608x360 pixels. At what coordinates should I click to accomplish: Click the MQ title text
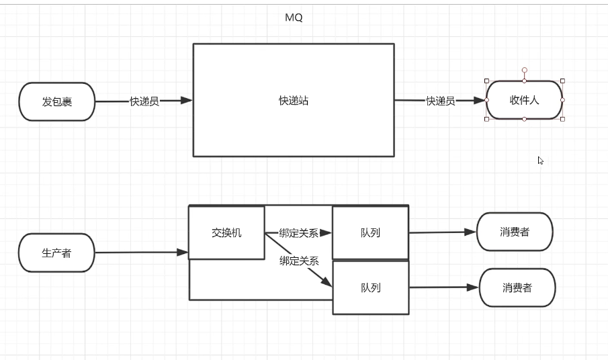[x=294, y=18]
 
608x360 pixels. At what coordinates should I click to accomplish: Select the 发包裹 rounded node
[x=57, y=102]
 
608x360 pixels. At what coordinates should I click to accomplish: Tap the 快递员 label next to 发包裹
[x=144, y=101]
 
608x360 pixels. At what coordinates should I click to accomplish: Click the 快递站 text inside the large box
[x=294, y=101]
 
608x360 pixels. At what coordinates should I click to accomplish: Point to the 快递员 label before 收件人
[x=441, y=101]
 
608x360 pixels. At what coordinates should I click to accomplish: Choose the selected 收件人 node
[x=525, y=100]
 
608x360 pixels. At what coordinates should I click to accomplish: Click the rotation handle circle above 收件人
[x=525, y=70]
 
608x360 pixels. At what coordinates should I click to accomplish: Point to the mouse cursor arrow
[x=540, y=161]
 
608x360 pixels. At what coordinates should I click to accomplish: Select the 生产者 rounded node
[x=57, y=253]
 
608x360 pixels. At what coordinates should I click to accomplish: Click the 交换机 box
[x=226, y=233]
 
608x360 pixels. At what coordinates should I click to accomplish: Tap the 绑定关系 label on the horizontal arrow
[x=299, y=233]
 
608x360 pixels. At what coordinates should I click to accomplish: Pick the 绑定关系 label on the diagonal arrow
[x=299, y=261]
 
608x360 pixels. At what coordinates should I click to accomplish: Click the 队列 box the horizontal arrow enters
[x=370, y=233]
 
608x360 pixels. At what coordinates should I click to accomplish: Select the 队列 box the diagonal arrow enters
[x=371, y=287]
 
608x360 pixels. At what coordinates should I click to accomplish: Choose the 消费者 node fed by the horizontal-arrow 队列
[x=515, y=232]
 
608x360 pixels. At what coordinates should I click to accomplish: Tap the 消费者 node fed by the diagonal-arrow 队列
[x=517, y=287]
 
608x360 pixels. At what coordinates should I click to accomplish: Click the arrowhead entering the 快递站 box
[x=187, y=101]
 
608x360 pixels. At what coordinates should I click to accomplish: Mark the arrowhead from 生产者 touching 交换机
[x=183, y=253]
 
